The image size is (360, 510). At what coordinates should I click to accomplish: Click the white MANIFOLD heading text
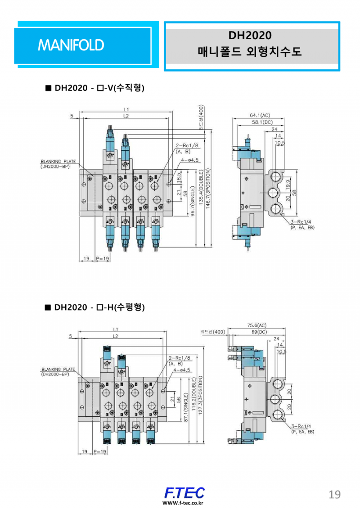tap(71, 45)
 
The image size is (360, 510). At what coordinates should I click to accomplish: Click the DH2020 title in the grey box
tap(250, 35)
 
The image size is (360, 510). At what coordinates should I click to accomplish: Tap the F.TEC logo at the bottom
tap(184, 492)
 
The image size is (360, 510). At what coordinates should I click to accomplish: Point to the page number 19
tap(334, 494)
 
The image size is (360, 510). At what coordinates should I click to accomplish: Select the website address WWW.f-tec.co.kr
tap(183, 503)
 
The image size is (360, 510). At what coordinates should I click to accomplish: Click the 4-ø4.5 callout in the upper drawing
tap(189, 160)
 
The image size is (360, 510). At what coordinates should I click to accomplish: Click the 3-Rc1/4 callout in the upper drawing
tap(301, 222)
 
